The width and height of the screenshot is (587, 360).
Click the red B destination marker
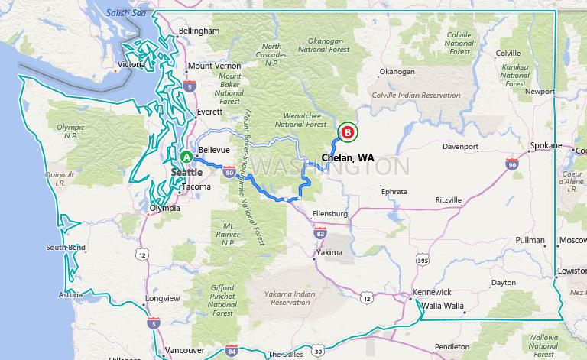click(x=348, y=133)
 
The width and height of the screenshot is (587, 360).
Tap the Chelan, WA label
click(x=348, y=157)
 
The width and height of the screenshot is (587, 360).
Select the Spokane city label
click(x=546, y=145)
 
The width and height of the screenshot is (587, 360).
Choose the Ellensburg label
click(x=329, y=213)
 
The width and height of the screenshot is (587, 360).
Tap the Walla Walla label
click(x=443, y=306)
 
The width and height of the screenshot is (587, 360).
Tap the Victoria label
click(x=132, y=64)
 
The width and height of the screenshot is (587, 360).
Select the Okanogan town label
click(x=397, y=72)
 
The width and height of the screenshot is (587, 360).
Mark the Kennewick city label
click(x=432, y=293)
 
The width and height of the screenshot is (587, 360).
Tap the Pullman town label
click(x=530, y=240)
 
